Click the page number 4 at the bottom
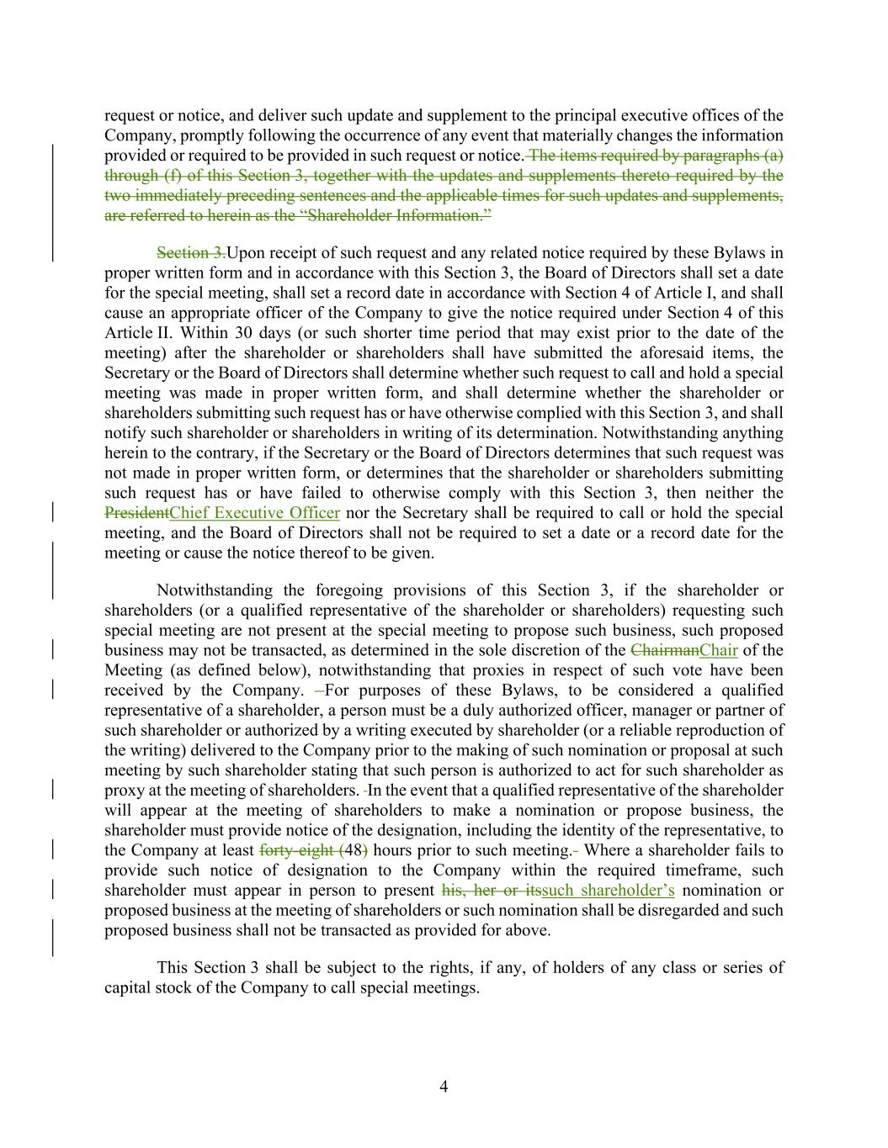coord(444,1087)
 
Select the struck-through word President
coord(136,513)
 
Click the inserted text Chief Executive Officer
coord(254,513)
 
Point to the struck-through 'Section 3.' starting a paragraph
coord(191,253)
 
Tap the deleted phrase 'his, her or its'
coord(491,891)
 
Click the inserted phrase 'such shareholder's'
coord(608,891)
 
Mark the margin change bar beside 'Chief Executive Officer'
coord(54,512)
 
